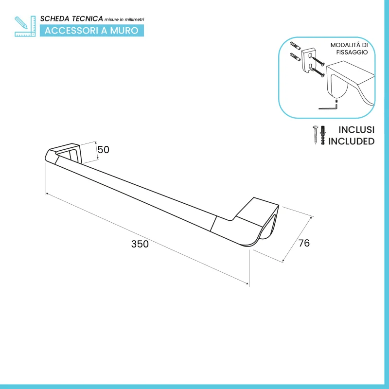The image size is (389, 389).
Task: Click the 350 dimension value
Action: pos(140,244)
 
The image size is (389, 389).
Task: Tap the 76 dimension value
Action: pos(304,243)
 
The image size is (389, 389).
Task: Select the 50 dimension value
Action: pos(103,150)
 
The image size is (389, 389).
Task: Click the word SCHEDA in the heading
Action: pos(54,19)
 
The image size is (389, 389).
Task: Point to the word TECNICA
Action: pos(88,19)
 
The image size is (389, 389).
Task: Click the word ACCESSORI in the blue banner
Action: pos(71,31)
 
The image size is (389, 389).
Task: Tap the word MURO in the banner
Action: pos(124,31)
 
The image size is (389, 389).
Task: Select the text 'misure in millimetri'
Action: pos(124,19)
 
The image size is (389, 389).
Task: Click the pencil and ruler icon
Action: pos(25,26)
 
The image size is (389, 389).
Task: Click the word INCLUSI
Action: pos(356,130)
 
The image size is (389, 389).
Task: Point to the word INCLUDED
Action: pos(351,141)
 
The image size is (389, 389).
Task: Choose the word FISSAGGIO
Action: pos(352,53)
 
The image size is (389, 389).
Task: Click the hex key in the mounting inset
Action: pos(328,107)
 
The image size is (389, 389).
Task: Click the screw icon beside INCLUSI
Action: pos(315,135)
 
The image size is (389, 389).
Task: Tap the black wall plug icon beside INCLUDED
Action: pos(322,135)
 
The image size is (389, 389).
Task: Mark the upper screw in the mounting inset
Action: pos(318,61)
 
